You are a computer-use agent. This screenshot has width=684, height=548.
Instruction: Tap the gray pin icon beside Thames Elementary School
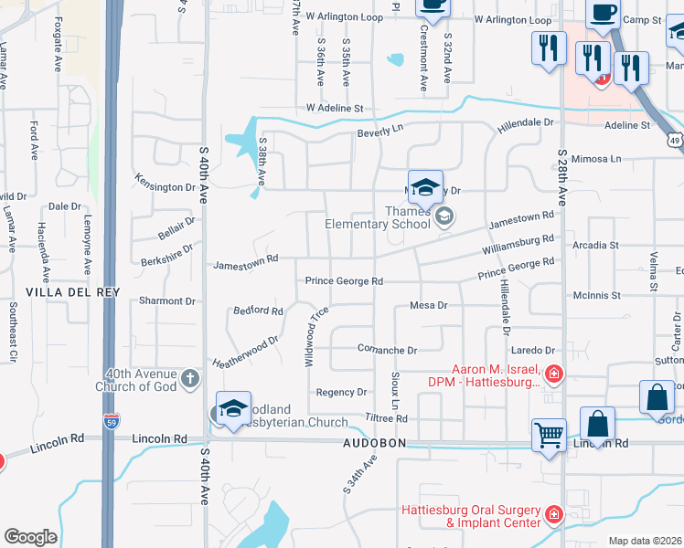click(x=444, y=216)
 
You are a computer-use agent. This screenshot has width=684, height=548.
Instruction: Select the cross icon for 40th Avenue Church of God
click(x=190, y=378)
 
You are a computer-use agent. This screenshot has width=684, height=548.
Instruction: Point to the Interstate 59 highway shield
click(x=109, y=425)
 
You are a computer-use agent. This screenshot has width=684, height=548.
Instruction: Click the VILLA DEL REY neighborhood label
click(x=60, y=291)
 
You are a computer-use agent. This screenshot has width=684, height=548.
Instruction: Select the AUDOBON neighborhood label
click(x=373, y=443)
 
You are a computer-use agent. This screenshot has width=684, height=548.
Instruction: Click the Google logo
click(x=30, y=536)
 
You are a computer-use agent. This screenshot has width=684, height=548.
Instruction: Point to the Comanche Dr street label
click(x=386, y=350)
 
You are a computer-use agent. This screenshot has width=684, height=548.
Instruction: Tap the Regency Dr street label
click(x=340, y=392)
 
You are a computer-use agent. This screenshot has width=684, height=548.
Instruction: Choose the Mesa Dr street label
click(x=427, y=305)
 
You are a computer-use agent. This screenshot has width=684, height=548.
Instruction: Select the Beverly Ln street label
click(x=379, y=132)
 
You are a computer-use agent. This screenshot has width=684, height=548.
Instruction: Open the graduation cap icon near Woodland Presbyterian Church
click(x=233, y=407)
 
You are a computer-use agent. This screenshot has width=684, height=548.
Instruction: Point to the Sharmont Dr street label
click(x=167, y=300)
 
